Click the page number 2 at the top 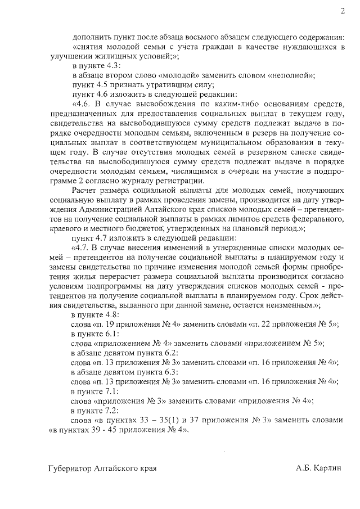(341, 11)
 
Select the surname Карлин (327, 468)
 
